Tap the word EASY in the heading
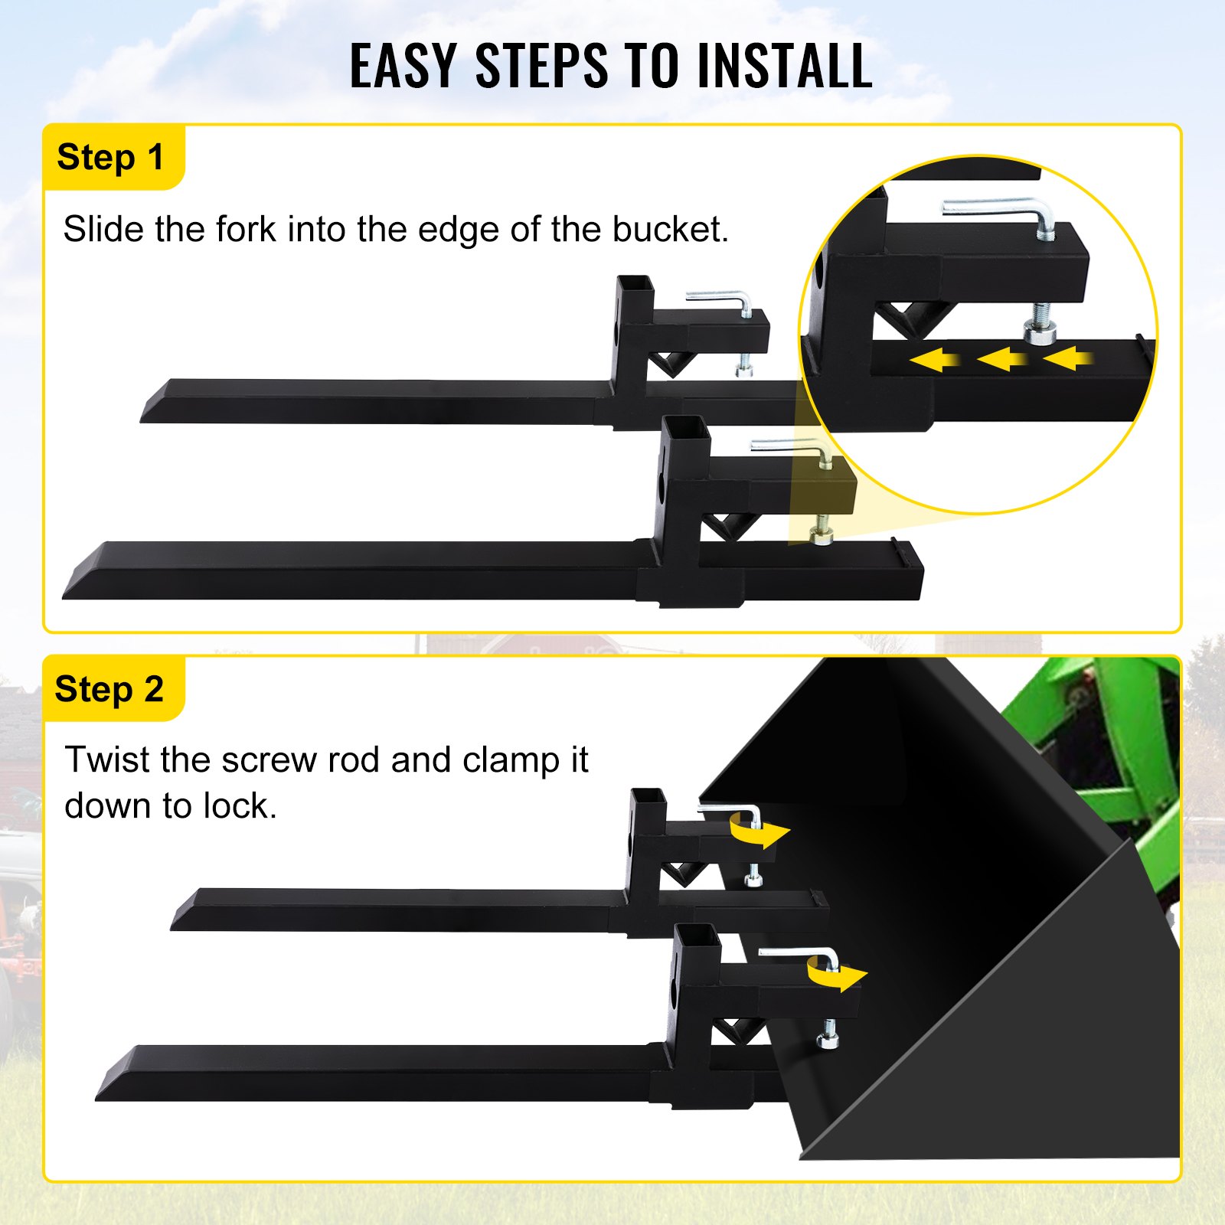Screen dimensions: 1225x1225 point(403,66)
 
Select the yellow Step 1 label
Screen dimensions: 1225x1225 point(112,157)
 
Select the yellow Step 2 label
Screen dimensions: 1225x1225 point(110,689)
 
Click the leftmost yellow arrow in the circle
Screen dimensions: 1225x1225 point(935,359)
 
